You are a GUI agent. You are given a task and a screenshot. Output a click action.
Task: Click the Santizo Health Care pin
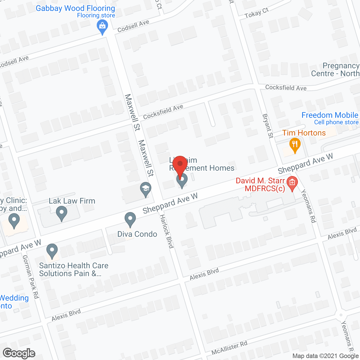tap(52, 251)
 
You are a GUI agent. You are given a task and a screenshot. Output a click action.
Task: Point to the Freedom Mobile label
tap(330, 115)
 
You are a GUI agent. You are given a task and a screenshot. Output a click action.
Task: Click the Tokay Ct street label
tap(256, 13)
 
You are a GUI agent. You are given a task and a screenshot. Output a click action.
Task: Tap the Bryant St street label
tap(268, 126)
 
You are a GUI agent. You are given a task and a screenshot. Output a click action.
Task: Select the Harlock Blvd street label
tap(166, 231)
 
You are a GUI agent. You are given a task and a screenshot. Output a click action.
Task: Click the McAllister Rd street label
tap(229, 348)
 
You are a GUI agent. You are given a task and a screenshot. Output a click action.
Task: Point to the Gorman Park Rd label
tap(30, 277)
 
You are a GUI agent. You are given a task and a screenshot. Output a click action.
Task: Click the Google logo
tap(19, 353)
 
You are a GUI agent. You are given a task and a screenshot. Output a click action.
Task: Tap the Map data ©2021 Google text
tap(326, 356)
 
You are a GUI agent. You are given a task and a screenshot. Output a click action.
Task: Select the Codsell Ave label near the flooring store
tap(133, 26)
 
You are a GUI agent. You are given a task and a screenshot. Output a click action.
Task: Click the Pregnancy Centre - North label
tap(335, 70)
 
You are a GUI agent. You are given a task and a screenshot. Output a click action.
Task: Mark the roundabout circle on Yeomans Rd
tap(341, 315)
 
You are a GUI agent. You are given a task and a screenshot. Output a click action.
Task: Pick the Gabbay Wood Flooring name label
tap(75, 8)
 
